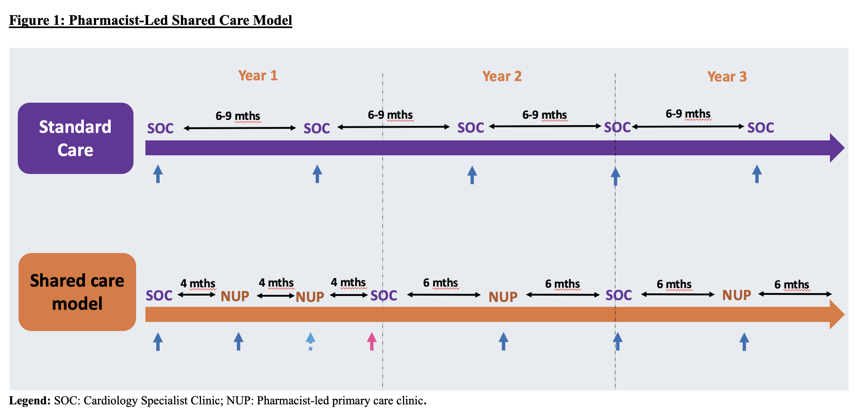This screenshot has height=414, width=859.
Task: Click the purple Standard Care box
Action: point(75,138)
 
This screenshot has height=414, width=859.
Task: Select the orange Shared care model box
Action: point(77,292)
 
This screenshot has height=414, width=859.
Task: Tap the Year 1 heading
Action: point(258,75)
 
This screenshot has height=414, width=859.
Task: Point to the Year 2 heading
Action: point(502,76)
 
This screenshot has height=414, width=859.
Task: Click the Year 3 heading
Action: point(727,77)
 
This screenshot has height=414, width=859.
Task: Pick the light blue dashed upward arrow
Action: point(310,341)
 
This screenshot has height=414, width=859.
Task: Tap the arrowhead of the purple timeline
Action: point(837,148)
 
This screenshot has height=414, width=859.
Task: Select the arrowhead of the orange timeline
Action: point(837,315)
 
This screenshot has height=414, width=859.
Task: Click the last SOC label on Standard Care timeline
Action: point(760,128)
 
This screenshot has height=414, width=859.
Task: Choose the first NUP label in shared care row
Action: point(235,296)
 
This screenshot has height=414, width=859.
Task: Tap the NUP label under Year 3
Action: point(736,295)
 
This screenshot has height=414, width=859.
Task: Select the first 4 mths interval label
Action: point(197,284)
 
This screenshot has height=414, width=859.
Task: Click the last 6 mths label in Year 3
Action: point(791,284)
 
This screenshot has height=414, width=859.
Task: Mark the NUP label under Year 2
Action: point(503,297)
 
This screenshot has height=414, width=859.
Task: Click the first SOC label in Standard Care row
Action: point(160,128)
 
